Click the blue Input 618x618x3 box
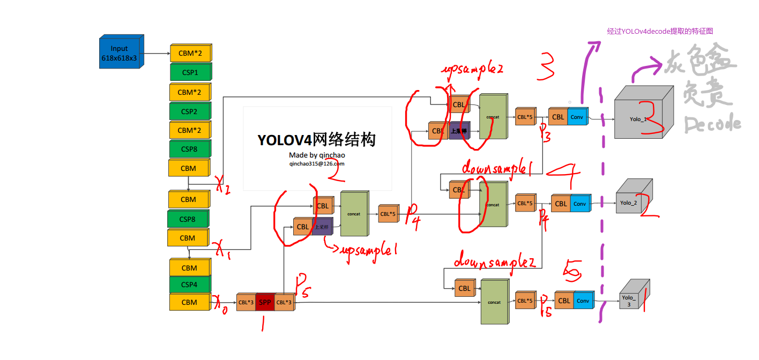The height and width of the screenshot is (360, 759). point(120,52)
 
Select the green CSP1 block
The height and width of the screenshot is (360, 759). point(190,72)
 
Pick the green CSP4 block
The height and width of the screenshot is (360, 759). point(190,284)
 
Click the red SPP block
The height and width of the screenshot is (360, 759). point(265,303)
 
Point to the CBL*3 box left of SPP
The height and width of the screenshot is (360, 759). point(246,303)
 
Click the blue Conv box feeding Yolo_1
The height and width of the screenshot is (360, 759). point(577,117)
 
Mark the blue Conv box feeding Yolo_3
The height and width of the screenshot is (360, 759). point(583,301)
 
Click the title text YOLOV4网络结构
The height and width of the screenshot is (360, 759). point(316,139)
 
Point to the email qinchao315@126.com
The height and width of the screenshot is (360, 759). point(317,164)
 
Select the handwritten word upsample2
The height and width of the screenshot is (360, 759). point(472,70)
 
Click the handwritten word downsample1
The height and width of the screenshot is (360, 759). point(496,169)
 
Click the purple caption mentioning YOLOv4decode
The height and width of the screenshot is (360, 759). point(660,32)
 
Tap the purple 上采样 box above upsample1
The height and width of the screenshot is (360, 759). point(323,227)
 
